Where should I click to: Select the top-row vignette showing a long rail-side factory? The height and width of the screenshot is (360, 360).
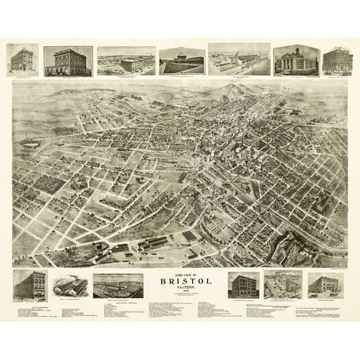(239, 59)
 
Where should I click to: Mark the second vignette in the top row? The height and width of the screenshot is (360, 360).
(68, 60)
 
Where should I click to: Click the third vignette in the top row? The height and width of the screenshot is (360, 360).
(126, 61)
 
